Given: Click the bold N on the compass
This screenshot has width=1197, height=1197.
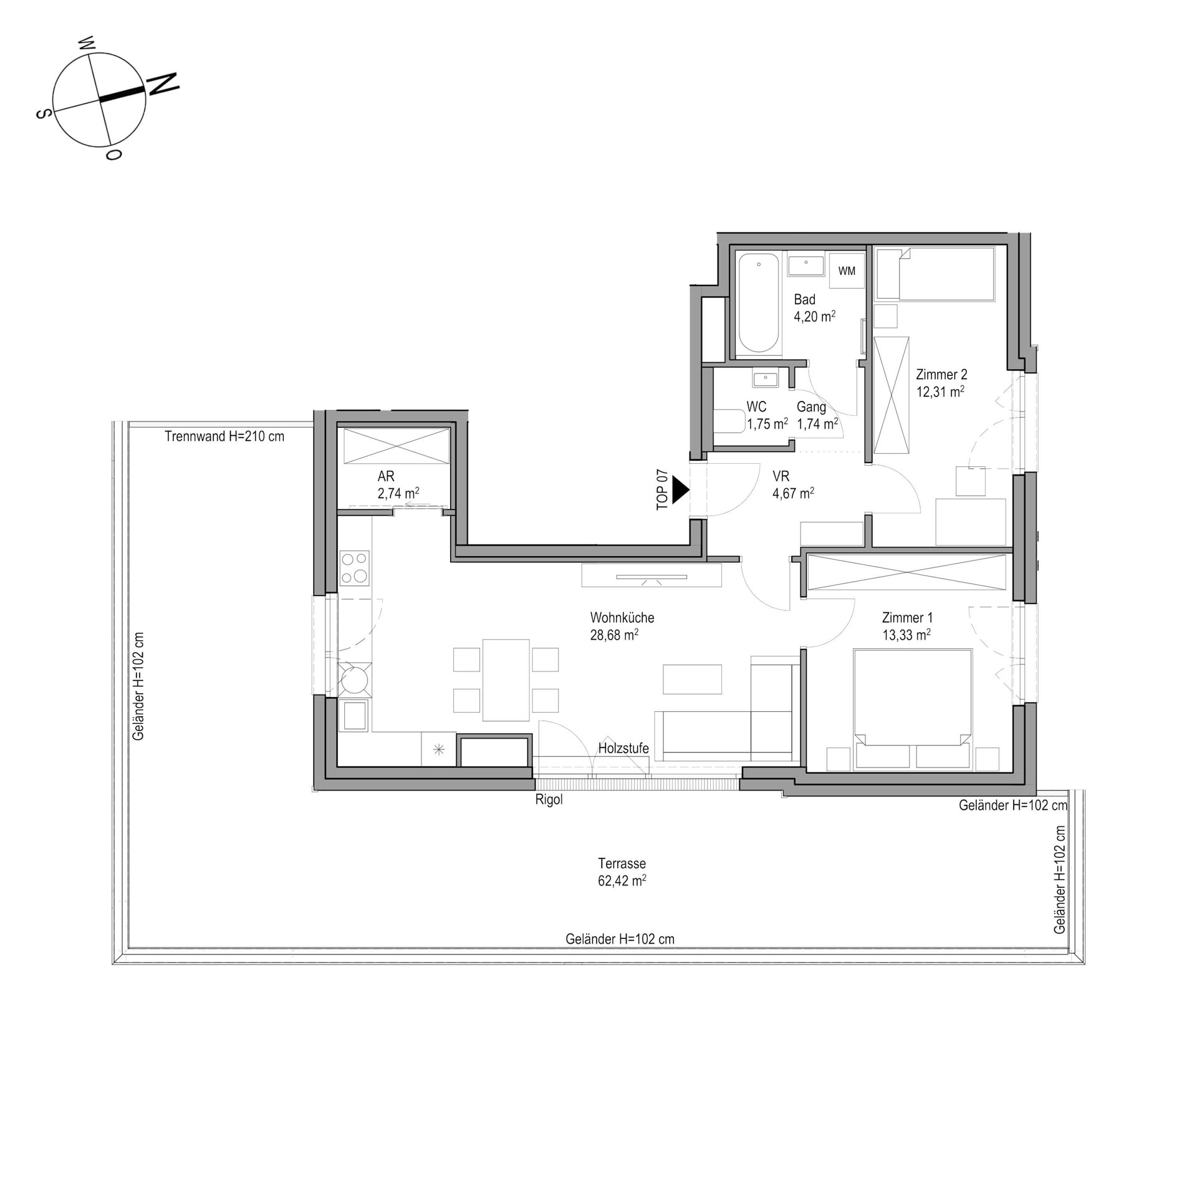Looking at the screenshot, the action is click(x=163, y=84).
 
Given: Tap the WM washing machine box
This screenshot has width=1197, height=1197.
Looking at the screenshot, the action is click(x=847, y=271).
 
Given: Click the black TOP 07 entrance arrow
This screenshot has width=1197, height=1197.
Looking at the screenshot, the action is click(x=680, y=491).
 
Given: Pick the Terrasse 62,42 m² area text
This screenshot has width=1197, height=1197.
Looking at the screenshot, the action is click(x=622, y=872).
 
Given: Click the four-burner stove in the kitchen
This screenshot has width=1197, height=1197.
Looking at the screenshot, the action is click(x=354, y=568).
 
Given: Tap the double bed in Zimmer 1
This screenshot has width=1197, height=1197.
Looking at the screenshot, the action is click(x=913, y=709).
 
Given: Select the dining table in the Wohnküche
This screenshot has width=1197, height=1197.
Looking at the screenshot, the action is click(x=506, y=680).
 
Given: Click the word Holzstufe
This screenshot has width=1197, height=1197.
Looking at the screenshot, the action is click(x=623, y=748).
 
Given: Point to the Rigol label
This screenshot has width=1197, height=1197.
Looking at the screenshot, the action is click(x=549, y=800).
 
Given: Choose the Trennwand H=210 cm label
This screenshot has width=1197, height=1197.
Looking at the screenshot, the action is click(x=224, y=436).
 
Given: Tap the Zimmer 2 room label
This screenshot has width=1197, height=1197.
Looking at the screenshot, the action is click(x=941, y=383).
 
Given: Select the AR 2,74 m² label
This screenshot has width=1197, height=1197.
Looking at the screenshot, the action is click(x=398, y=485).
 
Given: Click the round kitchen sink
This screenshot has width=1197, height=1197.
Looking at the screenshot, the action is click(x=354, y=679).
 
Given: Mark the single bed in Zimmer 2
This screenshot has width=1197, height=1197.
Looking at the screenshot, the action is click(x=934, y=274).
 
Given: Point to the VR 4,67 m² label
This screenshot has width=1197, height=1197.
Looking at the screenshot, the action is click(x=793, y=485).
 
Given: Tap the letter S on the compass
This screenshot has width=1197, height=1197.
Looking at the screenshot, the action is click(x=43, y=114).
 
